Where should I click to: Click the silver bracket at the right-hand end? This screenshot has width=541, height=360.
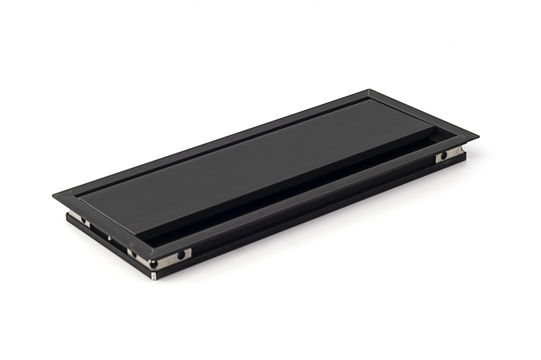pyautogui.click(x=449, y=156)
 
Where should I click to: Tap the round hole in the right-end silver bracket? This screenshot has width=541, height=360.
pyautogui.click(x=444, y=156)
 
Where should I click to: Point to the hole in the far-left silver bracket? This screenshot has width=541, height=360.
pyautogui.click(x=83, y=219)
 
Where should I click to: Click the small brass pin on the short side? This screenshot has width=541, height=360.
pyautogui.click(x=109, y=237)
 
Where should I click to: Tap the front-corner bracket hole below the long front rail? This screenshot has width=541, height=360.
pyautogui.click(x=181, y=255)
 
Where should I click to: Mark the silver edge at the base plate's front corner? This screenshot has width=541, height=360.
pyautogui.click(x=154, y=275)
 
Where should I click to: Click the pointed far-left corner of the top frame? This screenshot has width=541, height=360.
pyautogui.click(x=53, y=196)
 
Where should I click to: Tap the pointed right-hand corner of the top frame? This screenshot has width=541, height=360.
pyautogui.click(x=478, y=137)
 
